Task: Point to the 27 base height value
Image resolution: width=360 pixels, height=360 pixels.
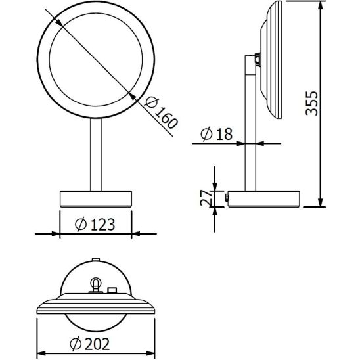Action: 205,198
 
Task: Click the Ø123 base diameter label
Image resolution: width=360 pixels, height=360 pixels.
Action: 95,224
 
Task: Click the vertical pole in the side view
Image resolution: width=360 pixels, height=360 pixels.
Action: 250,131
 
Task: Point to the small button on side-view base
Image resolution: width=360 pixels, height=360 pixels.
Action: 226,196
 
